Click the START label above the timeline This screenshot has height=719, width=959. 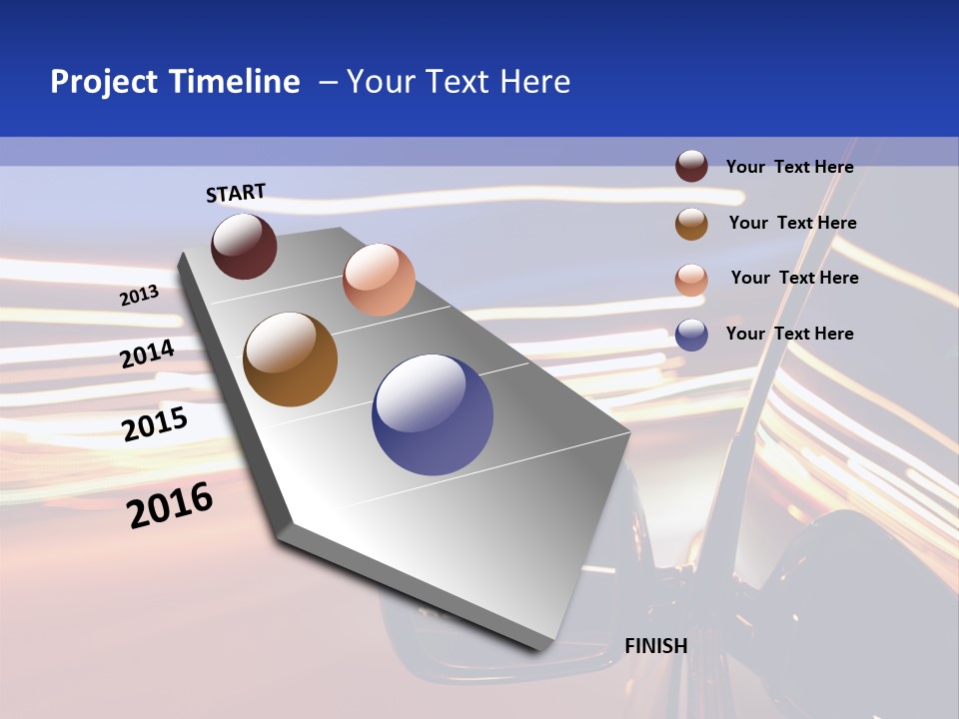(x=236, y=193)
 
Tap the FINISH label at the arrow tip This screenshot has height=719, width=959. (x=655, y=645)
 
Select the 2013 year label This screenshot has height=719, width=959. (x=139, y=296)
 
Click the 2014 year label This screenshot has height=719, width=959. (x=147, y=354)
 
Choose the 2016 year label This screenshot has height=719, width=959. (x=170, y=505)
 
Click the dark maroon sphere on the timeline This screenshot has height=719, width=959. (x=244, y=246)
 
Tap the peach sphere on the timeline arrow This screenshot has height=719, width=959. (x=379, y=280)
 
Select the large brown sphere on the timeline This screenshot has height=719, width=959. (x=291, y=359)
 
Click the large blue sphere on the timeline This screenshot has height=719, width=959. (x=433, y=414)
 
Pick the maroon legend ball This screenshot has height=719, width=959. (x=691, y=166)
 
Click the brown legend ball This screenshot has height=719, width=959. (x=691, y=223)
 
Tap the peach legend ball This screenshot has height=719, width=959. (x=691, y=280)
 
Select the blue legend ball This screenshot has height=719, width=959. (x=691, y=335)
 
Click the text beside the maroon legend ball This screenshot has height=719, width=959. (x=789, y=167)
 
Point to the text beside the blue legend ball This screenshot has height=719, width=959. (x=789, y=334)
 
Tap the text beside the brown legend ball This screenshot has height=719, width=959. (x=792, y=223)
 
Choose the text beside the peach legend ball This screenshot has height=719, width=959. (x=794, y=278)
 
